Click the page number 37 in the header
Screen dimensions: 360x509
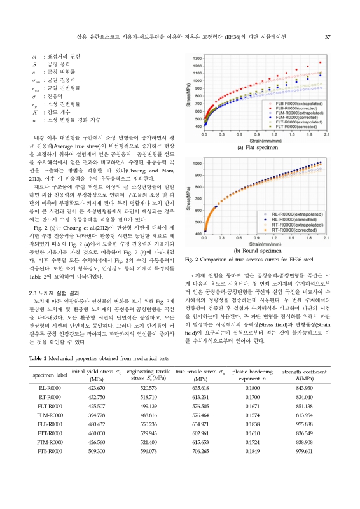pyautogui.click(x=326, y=36)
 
